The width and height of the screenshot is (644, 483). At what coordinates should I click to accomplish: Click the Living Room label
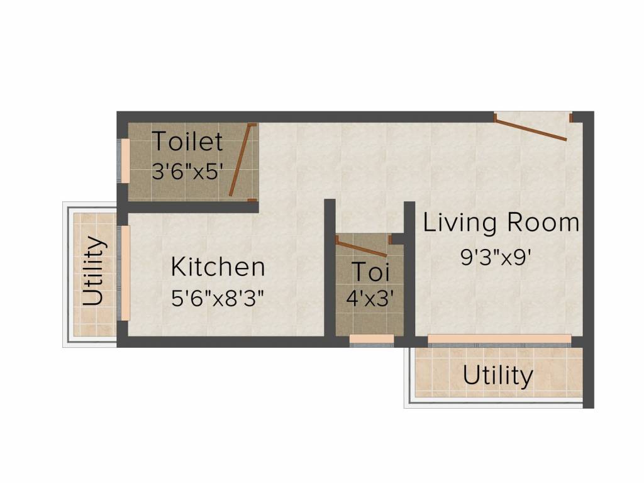click(x=501, y=223)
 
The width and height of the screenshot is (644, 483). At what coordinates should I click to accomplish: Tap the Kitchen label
click(x=218, y=267)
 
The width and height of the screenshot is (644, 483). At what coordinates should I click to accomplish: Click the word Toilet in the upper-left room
click(x=187, y=142)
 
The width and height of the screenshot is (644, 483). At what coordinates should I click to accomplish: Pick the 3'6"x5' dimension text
click(x=187, y=171)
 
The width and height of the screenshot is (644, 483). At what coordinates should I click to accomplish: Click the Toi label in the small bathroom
click(x=370, y=272)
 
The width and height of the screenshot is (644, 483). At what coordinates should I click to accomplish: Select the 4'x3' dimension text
click(x=370, y=297)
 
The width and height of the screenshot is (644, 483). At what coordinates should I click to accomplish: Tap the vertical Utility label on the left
click(x=93, y=270)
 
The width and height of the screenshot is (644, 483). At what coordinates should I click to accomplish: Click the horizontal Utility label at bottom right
click(x=497, y=376)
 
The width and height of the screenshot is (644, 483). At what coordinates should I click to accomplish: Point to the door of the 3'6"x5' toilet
click(x=242, y=160)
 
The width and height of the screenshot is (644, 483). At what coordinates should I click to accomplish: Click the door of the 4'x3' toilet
click(x=362, y=246)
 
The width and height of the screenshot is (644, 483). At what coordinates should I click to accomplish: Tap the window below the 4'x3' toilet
click(x=371, y=339)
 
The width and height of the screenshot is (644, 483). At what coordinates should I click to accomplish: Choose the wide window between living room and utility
click(x=499, y=340)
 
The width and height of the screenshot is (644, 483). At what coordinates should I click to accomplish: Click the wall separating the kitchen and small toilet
click(x=330, y=270)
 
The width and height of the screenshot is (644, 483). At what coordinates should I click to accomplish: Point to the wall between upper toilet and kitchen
click(x=189, y=207)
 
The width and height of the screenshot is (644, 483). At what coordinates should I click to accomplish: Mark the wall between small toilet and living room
click(x=409, y=270)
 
